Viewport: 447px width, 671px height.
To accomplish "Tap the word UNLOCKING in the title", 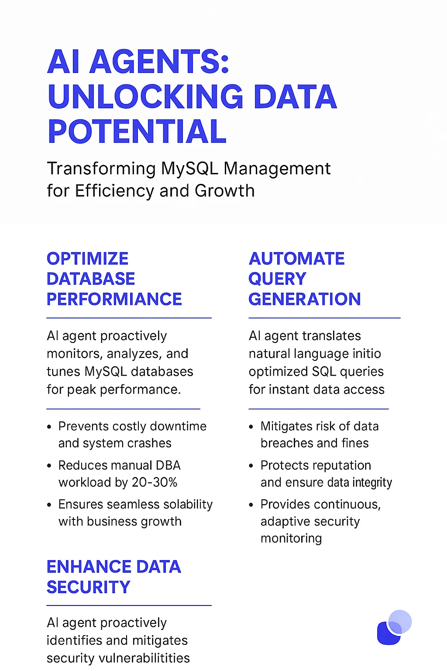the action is (x=145, y=97).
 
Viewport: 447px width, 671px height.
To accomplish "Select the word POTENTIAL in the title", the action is (x=137, y=131).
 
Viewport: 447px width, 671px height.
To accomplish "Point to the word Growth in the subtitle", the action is (x=224, y=190).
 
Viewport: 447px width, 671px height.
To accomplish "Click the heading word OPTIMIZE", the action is (x=87, y=259).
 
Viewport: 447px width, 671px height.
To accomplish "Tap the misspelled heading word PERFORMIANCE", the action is (x=114, y=299).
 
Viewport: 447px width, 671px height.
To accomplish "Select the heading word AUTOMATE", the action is (x=297, y=259).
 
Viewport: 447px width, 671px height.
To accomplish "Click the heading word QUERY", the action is (x=278, y=279).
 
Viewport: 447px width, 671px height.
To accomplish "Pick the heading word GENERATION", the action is (x=305, y=299).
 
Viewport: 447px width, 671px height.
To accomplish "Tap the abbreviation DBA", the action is (x=168, y=465).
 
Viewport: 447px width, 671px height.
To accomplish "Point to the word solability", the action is (x=188, y=505).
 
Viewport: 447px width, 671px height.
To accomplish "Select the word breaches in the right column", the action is (x=285, y=443).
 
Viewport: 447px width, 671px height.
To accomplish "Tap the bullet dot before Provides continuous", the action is (x=251, y=505).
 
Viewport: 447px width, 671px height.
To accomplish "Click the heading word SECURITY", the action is (x=89, y=587).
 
